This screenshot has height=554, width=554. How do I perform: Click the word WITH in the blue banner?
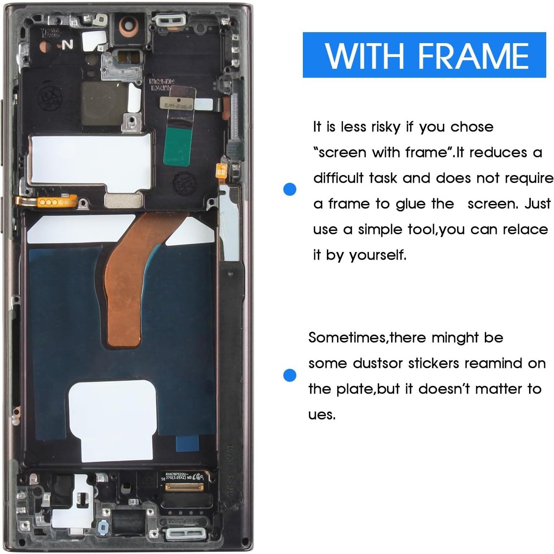[x=364, y=56]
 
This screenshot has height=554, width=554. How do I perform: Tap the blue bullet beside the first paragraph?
[x=290, y=189]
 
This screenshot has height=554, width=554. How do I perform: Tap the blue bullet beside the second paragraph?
[x=290, y=375]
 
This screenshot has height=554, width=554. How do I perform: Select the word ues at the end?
[x=322, y=415]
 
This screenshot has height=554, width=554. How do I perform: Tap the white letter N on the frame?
[x=68, y=45]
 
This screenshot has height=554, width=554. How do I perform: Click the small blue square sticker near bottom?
[x=187, y=442]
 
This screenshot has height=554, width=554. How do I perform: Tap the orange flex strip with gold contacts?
[x=47, y=201]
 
